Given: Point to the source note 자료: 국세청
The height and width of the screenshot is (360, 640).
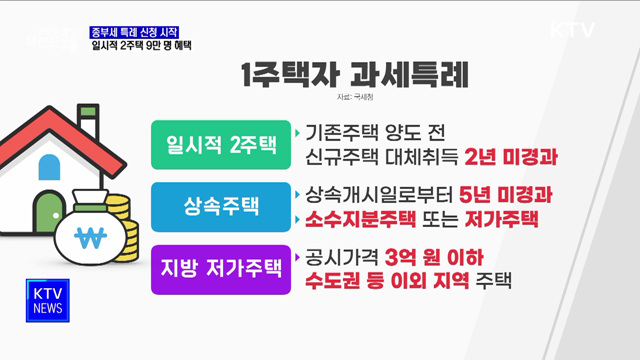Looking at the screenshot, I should [357, 100].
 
